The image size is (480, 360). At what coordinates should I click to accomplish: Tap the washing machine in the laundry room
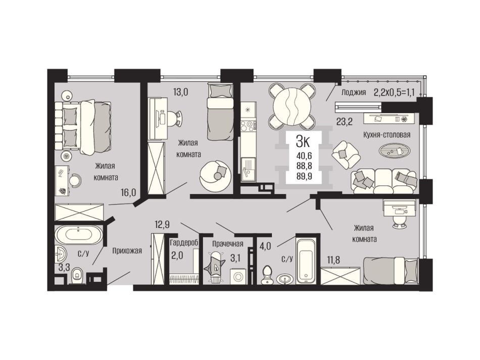(238, 276)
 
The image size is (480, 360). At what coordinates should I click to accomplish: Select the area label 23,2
(345, 122)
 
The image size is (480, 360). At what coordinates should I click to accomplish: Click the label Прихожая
(127, 251)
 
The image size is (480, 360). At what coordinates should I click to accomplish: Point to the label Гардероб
(184, 243)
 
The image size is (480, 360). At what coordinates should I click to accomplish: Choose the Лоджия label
(354, 92)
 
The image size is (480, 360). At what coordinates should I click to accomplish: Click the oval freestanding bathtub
(79, 235)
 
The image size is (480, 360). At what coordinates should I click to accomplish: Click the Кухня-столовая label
(387, 135)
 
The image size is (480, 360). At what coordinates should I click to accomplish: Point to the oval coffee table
(394, 150)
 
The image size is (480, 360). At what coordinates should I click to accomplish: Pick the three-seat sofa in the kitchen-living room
(385, 181)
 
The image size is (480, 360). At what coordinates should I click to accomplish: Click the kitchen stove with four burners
(248, 125)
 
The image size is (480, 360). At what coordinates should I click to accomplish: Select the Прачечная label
(228, 243)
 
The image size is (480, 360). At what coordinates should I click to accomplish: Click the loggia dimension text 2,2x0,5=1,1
(394, 92)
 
